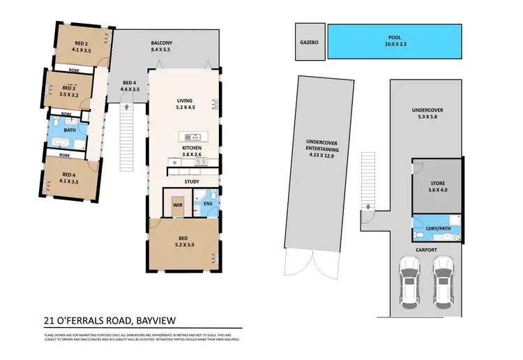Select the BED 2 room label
[83, 43]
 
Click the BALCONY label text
[161, 43]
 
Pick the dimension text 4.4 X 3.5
[130, 89]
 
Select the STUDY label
[192, 181]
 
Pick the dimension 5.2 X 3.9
[184, 245]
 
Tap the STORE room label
[437, 183]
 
